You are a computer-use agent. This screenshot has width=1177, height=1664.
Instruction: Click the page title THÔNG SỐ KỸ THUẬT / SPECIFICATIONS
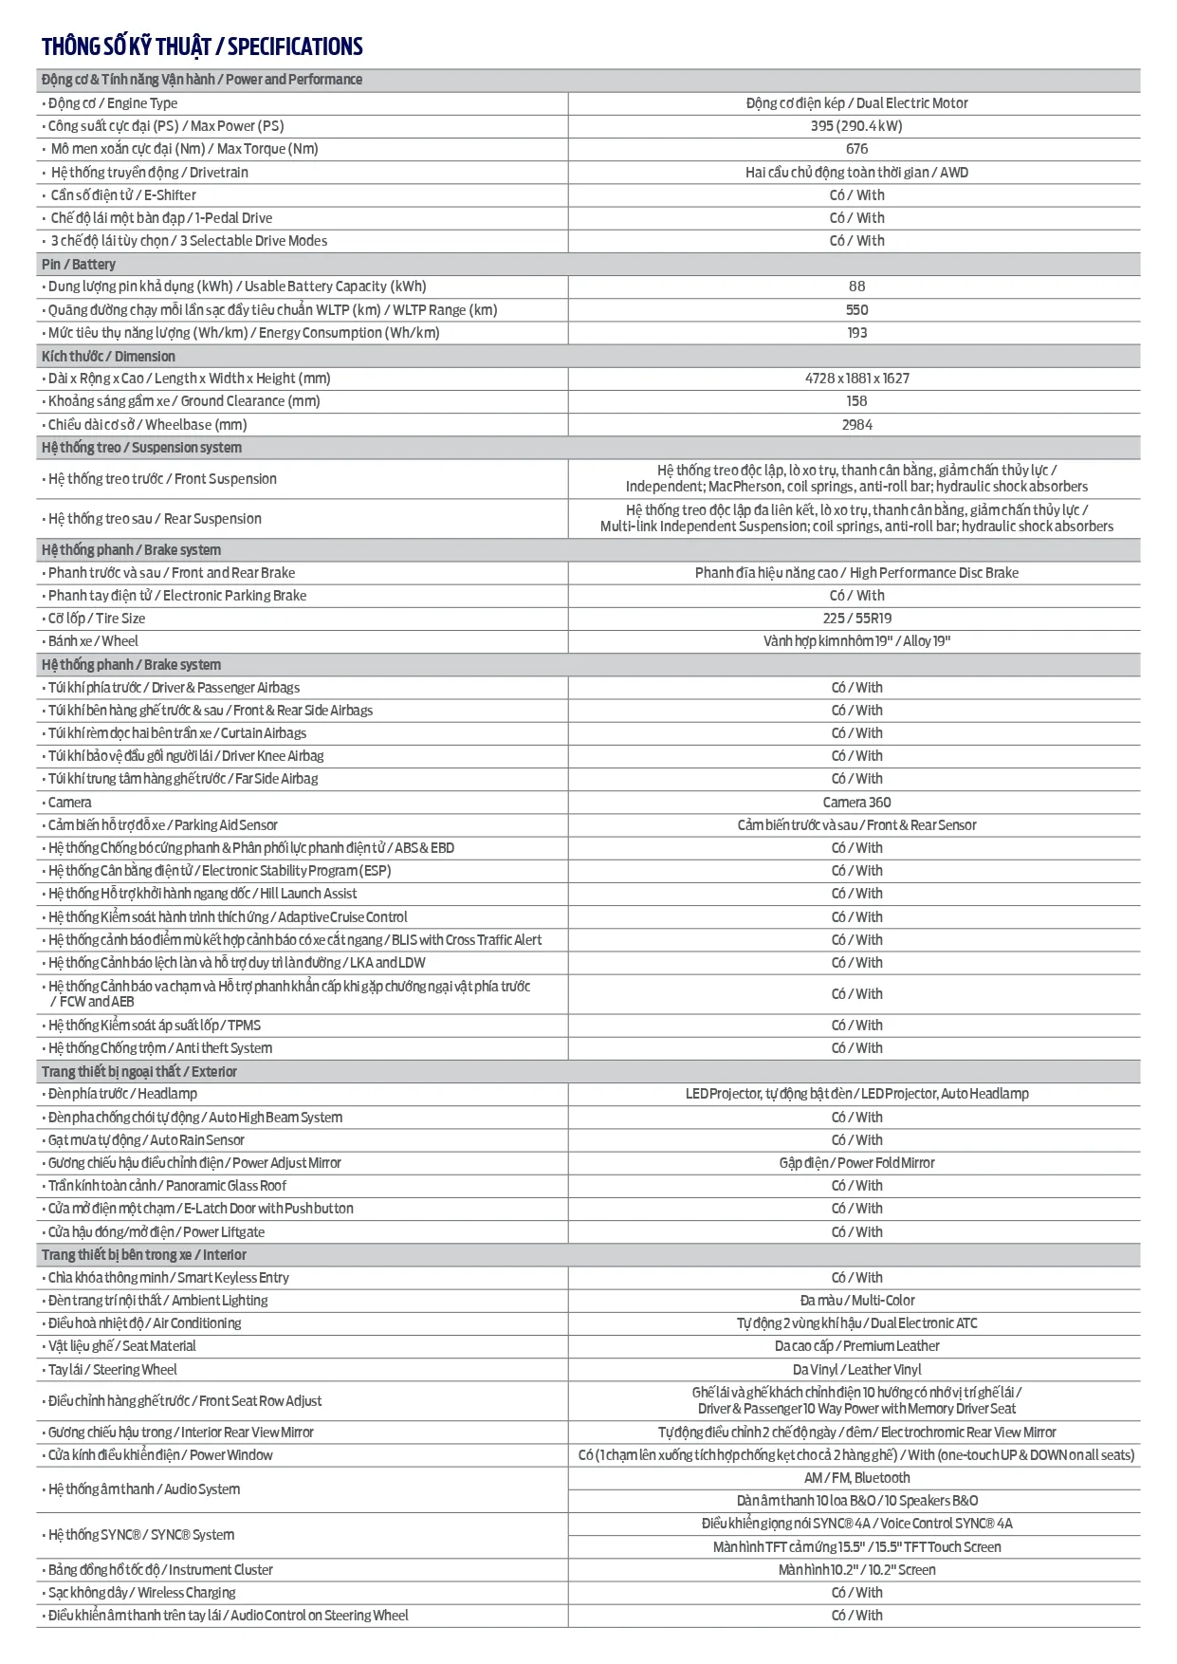[x=202, y=46]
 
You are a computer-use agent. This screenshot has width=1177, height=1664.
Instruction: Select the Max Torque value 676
[x=856, y=149]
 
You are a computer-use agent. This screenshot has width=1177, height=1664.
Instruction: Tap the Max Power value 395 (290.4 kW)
[x=856, y=126]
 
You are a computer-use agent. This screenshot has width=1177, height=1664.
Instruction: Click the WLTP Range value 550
[x=856, y=310]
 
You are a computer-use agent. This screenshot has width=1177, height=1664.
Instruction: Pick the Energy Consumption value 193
[x=856, y=333]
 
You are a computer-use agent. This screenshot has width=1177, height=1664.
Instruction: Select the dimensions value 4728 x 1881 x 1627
[x=856, y=379]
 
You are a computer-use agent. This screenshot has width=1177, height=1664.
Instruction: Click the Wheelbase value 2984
[x=856, y=425]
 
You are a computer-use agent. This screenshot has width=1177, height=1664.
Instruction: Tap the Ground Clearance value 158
[x=856, y=401]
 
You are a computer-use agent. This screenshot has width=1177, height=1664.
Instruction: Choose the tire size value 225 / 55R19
[x=856, y=619]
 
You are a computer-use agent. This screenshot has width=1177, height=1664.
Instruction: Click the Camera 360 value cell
[x=856, y=803]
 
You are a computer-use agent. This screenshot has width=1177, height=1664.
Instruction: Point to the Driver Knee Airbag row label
[x=186, y=756]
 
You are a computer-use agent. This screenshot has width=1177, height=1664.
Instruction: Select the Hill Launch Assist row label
[x=202, y=894]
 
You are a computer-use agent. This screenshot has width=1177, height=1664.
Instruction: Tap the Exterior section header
[x=139, y=1071]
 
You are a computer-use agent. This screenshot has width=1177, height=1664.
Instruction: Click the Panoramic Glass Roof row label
[x=167, y=1186]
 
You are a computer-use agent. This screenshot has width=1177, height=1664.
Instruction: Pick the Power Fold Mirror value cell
[x=856, y=1163]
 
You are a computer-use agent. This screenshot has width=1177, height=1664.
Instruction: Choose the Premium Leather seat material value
[x=856, y=1346]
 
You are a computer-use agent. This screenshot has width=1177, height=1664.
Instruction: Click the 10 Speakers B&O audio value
[x=856, y=1501]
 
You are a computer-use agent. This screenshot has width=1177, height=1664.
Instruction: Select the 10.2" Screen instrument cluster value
[x=856, y=1570]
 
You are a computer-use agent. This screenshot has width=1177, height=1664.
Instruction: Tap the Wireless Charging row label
[x=141, y=1593]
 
